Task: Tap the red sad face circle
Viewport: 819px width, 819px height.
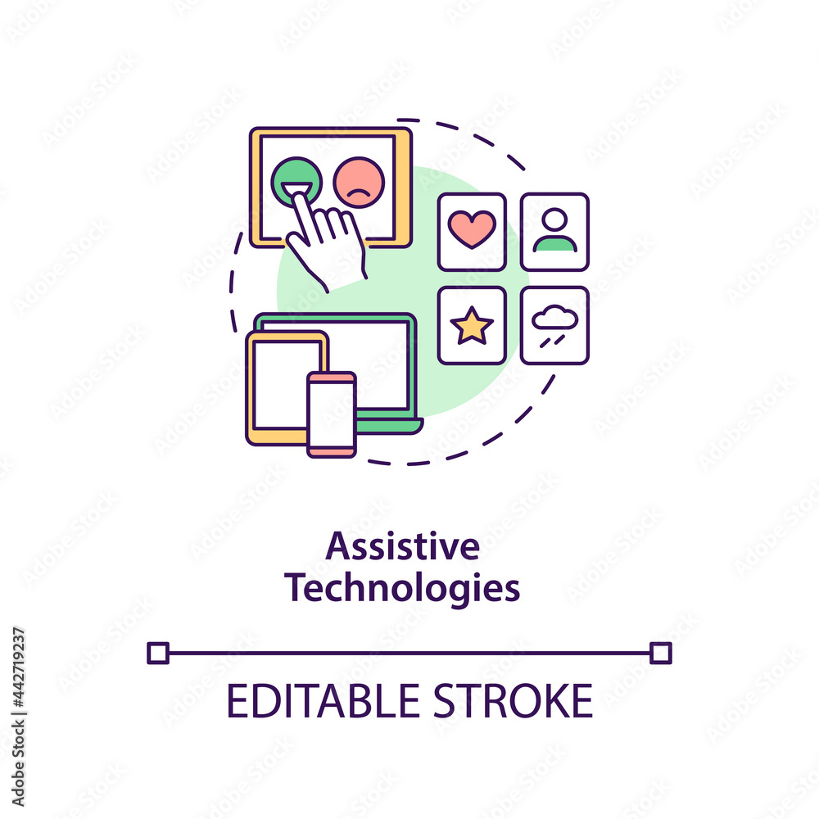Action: point(359,183)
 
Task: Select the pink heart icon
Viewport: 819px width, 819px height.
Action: point(472,229)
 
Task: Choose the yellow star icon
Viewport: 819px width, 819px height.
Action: point(472,327)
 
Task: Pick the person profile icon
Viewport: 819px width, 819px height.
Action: point(554,231)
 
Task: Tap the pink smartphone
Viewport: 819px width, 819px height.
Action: point(332,414)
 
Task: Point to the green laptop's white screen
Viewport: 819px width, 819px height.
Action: point(381,360)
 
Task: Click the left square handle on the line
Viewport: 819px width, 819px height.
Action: point(157,653)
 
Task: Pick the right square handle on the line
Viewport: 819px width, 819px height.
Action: point(661,653)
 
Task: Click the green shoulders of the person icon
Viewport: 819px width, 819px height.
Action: point(554,243)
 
